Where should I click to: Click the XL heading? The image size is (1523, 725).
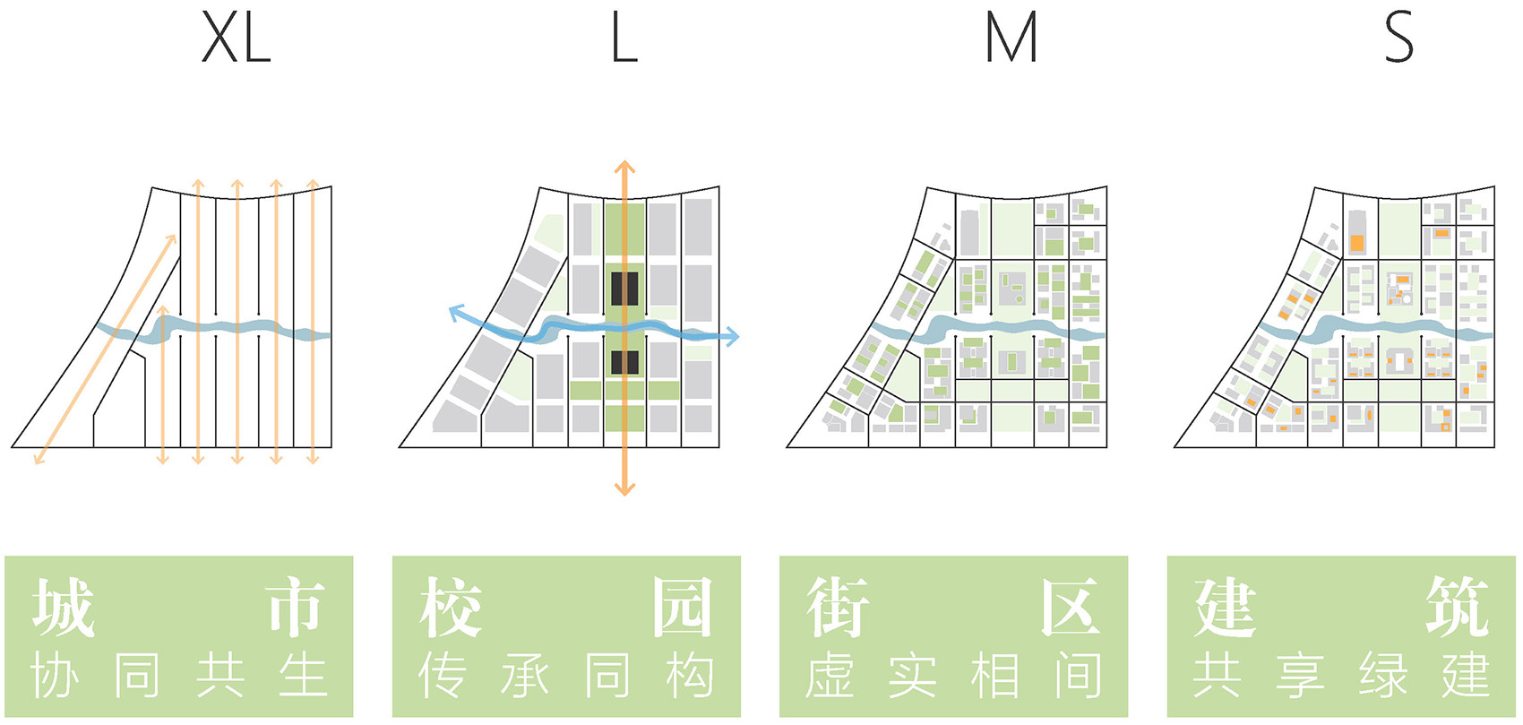point(236,38)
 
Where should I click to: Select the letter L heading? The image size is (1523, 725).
point(624,38)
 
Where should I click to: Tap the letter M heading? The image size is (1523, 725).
point(1011,38)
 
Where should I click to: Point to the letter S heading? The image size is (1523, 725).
point(1399,38)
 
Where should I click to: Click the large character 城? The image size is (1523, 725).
point(64,607)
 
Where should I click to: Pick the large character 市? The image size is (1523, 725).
point(295,607)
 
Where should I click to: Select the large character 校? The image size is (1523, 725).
point(451,607)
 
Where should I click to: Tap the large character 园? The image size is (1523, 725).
point(683,607)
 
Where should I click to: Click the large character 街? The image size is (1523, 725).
point(839,607)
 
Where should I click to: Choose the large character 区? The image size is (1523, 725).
point(1071,607)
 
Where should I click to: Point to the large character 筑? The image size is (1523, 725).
point(1458,607)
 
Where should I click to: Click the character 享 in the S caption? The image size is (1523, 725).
point(1300,676)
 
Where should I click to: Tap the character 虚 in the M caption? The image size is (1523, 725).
point(830,676)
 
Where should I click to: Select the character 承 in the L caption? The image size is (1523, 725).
point(525,676)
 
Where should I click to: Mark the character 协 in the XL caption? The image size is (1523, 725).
point(55,676)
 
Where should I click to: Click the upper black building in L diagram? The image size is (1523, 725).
point(624,289)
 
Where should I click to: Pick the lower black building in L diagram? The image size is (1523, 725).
point(624,362)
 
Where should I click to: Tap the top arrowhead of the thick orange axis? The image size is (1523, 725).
point(624,168)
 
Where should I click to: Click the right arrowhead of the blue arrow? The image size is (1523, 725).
point(732,336)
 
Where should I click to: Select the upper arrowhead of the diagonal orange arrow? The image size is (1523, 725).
point(171,240)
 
